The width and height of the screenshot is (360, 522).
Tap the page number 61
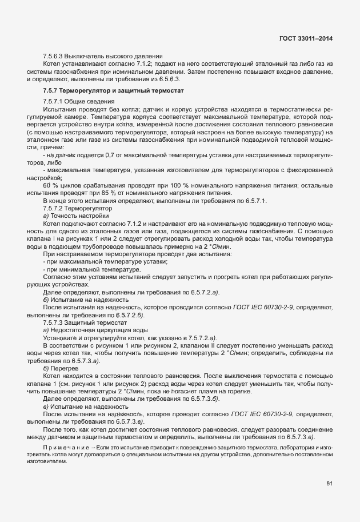329,484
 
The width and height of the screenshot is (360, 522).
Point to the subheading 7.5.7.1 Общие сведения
75,101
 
